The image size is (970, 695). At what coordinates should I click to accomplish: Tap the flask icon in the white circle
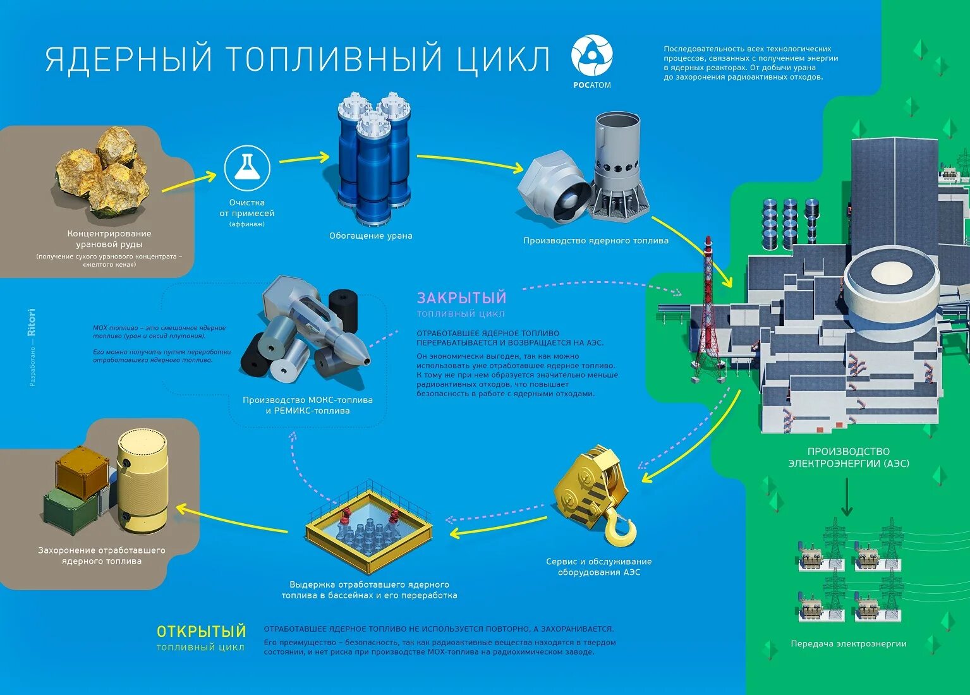coord(247,168)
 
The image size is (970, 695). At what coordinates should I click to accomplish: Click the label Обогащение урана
coord(370,236)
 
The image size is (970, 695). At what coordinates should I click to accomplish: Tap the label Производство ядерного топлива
coord(595,240)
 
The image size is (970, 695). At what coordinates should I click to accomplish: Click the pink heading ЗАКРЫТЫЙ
coord(461,298)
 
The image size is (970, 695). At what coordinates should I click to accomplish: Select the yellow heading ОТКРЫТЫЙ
coord(201,631)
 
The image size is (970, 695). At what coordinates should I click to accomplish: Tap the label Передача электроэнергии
coord(848,644)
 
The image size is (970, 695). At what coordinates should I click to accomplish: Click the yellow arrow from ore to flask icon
coord(188,182)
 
